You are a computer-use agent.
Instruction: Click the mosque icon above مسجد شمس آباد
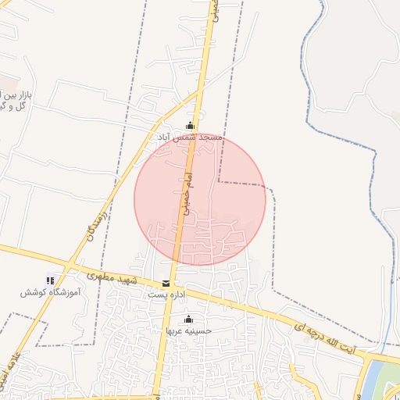189,126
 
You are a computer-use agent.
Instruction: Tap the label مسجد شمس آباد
190,137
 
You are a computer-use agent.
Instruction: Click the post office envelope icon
166,284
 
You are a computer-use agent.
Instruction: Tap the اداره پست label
166,295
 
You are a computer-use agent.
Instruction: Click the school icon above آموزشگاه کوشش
51,280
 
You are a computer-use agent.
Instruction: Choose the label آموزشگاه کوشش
48,292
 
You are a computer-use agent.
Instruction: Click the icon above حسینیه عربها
187,319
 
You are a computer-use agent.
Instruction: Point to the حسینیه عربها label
187,330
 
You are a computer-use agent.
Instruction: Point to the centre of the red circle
200,199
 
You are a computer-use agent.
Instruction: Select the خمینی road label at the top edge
214,9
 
